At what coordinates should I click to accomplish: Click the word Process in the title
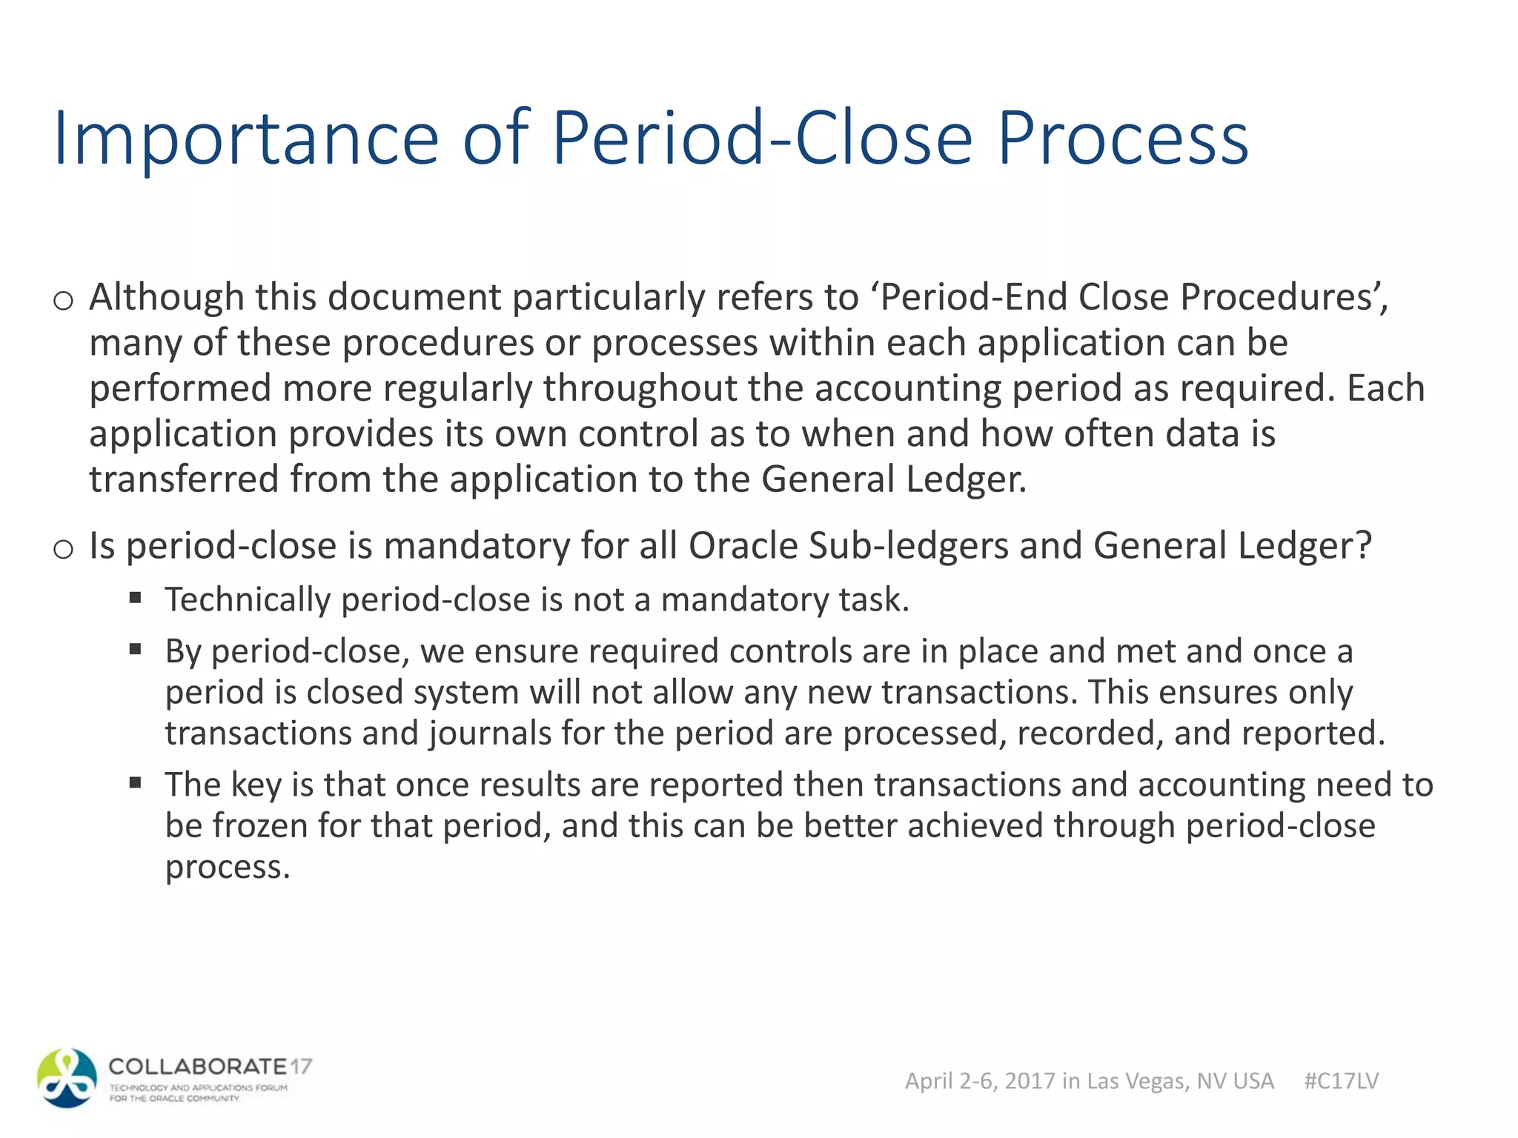tap(1123, 139)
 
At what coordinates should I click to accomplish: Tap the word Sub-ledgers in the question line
tap(908, 546)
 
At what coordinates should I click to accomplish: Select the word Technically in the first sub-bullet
tap(248, 599)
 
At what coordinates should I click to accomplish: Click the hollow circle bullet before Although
tap(64, 301)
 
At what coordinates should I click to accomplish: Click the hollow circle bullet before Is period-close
tap(64, 550)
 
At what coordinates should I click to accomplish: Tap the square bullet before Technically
tap(135, 598)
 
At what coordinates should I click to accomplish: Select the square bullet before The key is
tap(135, 783)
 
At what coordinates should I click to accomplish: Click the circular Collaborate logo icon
tap(67, 1078)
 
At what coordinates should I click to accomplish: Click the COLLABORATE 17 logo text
tap(210, 1067)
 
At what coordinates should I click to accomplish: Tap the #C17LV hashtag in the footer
tap(1341, 1081)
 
